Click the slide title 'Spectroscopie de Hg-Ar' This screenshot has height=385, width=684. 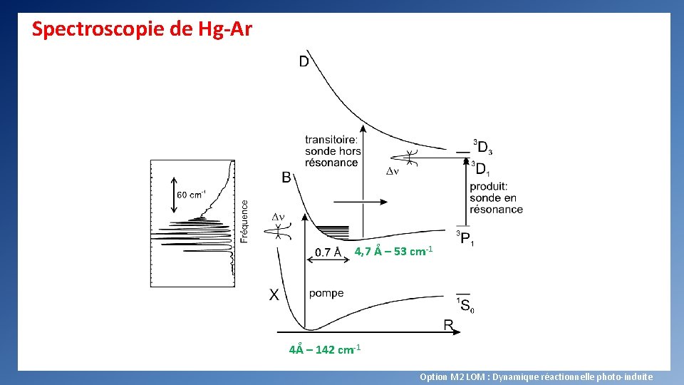(x=142, y=30)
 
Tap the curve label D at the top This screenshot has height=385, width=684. (x=304, y=62)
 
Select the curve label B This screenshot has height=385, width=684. (x=286, y=178)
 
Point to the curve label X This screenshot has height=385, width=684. (x=274, y=294)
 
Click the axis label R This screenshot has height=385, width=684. (x=449, y=325)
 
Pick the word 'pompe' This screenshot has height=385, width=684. (x=326, y=293)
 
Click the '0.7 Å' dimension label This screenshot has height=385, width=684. (x=328, y=252)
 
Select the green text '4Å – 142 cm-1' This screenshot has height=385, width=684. (x=325, y=350)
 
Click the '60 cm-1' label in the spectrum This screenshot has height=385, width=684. (x=192, y=195)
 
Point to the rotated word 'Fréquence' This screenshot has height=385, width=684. (x=244, y=221)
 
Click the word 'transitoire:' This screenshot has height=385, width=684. (x=331, y=140)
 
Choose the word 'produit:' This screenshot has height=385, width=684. (x=488, y=187)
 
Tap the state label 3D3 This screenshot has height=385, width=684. (x=483, y=148)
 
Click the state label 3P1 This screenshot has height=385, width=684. (x=465, y=238)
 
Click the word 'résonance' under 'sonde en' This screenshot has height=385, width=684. (x=496, y=210)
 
